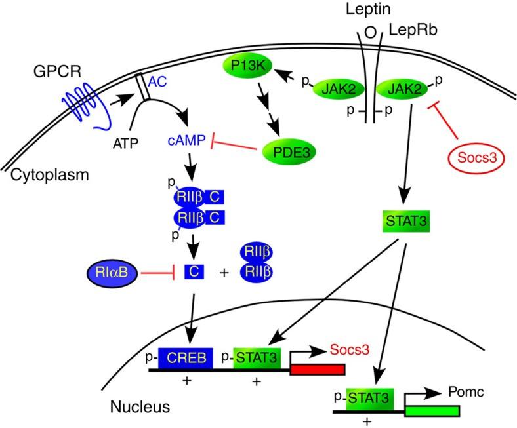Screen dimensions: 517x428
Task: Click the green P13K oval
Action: [248, 66]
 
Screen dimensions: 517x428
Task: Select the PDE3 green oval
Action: [289, 152]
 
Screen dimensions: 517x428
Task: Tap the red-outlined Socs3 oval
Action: [476, 158]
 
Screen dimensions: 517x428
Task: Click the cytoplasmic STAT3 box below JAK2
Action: [406, 221]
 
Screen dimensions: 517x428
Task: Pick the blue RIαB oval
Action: [112, 272]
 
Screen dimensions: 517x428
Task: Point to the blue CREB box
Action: [186, 358]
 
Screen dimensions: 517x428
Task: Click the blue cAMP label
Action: [186, 140]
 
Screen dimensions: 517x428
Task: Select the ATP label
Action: [125, 144]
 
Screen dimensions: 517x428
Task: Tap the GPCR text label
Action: [57, 71]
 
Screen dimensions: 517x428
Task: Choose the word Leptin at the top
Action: [368, 9]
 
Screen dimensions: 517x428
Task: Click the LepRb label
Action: [413, 29]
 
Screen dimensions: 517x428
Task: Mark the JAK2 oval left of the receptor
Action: [339, 89]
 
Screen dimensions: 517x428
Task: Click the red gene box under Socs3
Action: [318, 370]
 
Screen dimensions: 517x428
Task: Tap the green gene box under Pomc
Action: [432, 411]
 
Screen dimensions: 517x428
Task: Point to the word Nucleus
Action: [140, 406]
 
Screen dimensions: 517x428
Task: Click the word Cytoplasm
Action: [49, 175]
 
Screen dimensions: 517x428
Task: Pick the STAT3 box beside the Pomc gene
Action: [369, 399]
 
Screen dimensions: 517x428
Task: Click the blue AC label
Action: [157, 81]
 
